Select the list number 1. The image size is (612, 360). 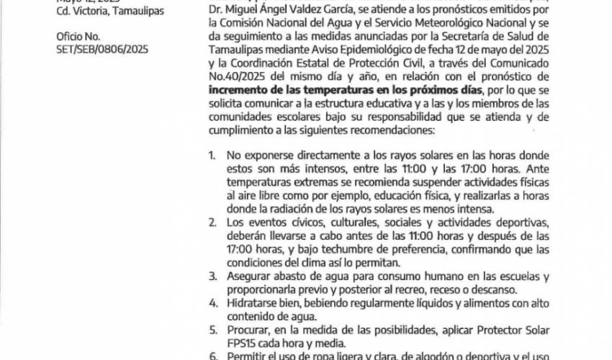(x=210, y=154)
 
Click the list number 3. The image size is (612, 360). (x=210, y=276)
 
